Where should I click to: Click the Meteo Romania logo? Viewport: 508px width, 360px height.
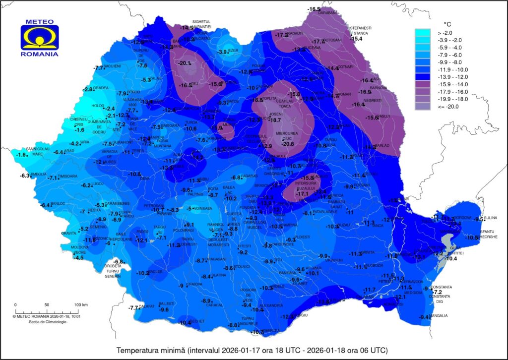click(40, 38)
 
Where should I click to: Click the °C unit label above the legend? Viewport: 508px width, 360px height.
click(447, 23)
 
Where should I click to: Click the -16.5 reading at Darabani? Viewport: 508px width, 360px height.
click(314, 9)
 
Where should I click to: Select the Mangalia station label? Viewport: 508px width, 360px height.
click(439, 316)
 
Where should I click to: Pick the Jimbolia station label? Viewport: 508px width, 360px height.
click(39, 174)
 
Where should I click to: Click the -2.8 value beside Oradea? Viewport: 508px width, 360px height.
click(88, 89)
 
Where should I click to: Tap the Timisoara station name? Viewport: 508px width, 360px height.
click(68, 176)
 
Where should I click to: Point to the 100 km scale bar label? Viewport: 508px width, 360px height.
click(81, 304)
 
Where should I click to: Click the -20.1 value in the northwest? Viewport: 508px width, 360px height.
click(185, 63)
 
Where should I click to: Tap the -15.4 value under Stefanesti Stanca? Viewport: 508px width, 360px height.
click(357, 39)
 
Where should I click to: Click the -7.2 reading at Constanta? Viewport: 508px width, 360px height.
click(437, 292)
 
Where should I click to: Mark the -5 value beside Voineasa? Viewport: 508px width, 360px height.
click(189, 208)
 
